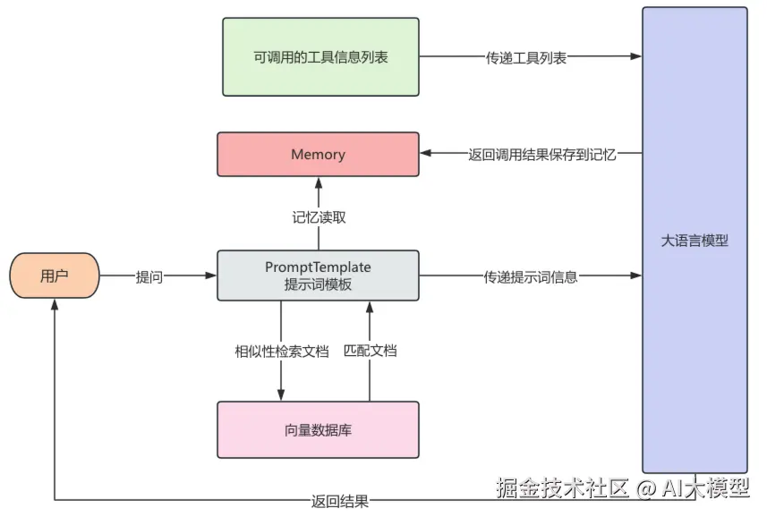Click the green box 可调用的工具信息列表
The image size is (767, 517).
[x=320, y=56]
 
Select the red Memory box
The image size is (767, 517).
[x=318, y=154]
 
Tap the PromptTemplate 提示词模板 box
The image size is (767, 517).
[x=318, y=275]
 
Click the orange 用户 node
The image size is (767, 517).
[x=55, y=275]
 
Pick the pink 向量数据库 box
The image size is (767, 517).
[x=318, y=430]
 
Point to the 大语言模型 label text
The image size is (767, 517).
[x=695, y=241]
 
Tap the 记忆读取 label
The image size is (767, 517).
[x=319, y=216]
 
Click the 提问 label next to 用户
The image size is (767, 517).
[x=149, y=276]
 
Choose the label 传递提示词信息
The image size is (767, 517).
[x=531, y=276]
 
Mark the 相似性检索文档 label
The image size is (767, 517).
[x=281, y=351]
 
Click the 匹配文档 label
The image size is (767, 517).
[x=370, y=351]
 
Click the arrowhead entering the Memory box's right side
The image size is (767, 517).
[x=425, y=154]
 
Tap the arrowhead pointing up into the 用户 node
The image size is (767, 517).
[x=55, y=304]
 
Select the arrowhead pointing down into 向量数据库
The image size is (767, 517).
[x=281, y=394]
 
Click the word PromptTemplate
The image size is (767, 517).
[x=318, y=267]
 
